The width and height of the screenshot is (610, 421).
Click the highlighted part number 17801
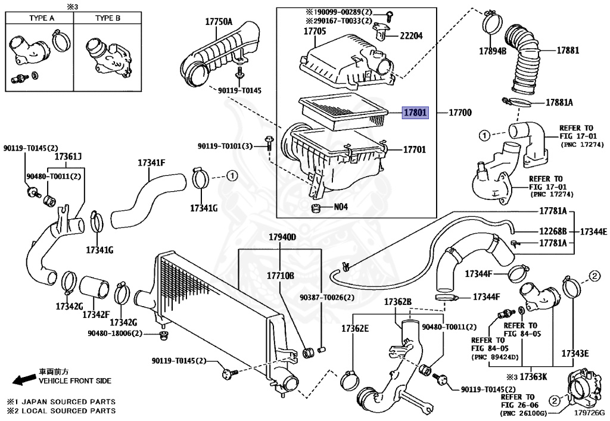click(x=415, y=113)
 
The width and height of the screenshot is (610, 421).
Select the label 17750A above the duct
click(x=219, y=22)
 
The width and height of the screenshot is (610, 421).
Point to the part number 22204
click(x=411, y=36)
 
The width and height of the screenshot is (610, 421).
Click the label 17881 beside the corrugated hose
click(x=568, y=50)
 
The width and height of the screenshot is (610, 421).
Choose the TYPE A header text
click(x=42, y=18)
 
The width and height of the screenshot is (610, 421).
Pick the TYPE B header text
click(x=108, y=18)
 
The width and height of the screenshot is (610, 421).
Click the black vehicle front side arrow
click(x=24, y=380)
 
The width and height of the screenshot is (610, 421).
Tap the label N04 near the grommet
click(x=341, y=207)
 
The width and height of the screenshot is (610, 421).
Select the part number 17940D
click(x=282, y=237)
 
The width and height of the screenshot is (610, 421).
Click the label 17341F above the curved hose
click(x=151, y=163)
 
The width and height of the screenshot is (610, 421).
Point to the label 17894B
click(x=493, y=51)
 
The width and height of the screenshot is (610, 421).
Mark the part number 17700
click(x=460, y=113)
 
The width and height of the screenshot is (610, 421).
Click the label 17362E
click(x=355, y=329)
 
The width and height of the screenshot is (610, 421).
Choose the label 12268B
click(x=553, y=232)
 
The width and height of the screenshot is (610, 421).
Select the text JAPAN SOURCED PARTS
click(x=68, y=401)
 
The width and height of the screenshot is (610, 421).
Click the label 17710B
click(x=281, y=276)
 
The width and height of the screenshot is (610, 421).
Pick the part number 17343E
click(x=575, y=353)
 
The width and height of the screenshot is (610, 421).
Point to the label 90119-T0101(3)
click(x=225, y=146)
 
